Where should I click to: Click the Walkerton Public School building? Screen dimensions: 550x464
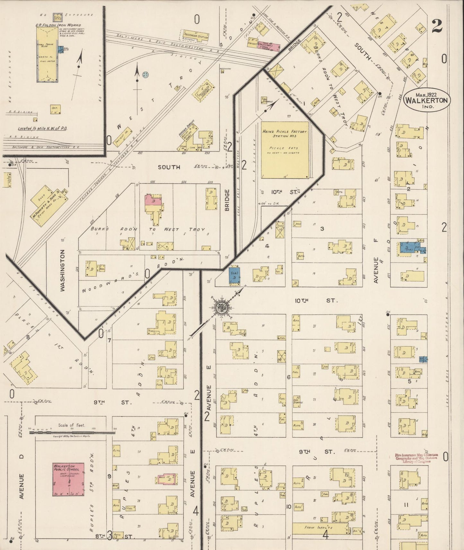tap(69, 479)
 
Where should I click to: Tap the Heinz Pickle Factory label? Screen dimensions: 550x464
tap(285, 133)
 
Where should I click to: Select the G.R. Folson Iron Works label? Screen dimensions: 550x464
tap(58, 25)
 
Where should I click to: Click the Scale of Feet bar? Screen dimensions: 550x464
tap(72, 432)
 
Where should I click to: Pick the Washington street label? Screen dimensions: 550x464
tap(62, 270)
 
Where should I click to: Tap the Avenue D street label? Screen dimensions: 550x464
tap(22, 486)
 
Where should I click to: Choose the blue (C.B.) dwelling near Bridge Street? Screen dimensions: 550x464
tap(234, 274)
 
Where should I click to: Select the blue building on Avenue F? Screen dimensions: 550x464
tap(412, 248)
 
